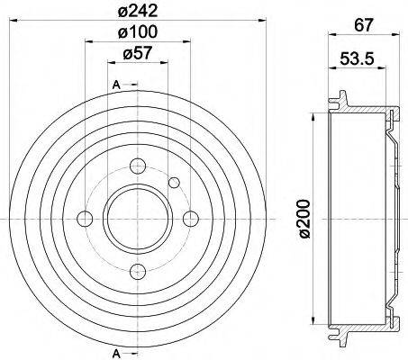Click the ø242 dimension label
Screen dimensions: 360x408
point(139,13)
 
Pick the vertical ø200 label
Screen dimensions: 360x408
point(304,219)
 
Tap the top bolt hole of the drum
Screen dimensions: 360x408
point(138,165)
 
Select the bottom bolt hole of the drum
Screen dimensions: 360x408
point(138,271)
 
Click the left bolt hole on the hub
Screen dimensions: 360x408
point(86,218)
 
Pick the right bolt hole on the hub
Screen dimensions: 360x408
point(191,218)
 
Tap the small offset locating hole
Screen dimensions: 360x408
point(175,182)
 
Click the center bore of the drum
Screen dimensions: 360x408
point(138,218)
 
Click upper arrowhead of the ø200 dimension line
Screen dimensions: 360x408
point(312,115)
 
